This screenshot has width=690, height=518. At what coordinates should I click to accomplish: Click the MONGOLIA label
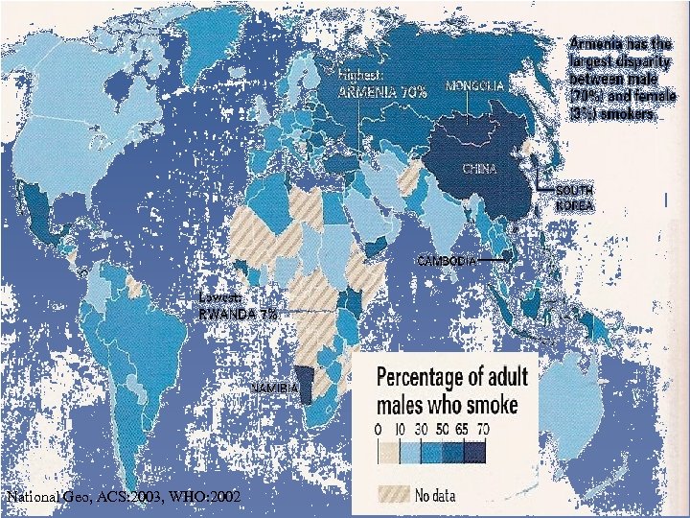point(474,85)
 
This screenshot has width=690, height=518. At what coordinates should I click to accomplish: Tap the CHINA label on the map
point(479,169)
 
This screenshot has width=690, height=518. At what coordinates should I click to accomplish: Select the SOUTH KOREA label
point(574,199)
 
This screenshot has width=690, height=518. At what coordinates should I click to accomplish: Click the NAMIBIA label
point(272,387)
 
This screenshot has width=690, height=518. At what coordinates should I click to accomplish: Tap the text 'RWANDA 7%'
point(237,314)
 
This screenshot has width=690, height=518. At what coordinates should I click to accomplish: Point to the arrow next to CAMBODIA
point(492,260)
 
